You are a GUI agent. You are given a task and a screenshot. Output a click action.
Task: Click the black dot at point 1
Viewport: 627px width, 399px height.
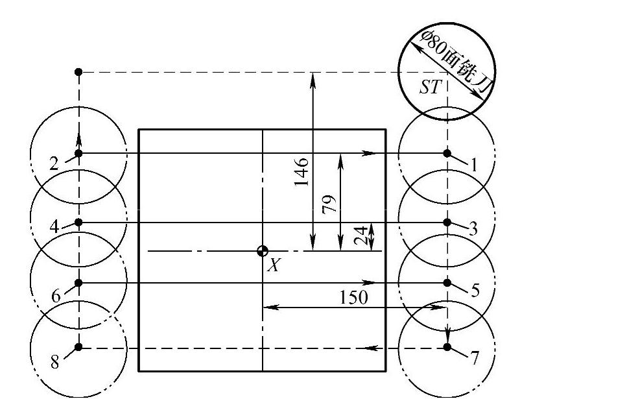[447, 153]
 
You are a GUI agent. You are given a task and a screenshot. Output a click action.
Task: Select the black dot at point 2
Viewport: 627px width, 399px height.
[78, 153]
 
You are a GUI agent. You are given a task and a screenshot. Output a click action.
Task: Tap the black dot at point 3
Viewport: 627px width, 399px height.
[447, 222]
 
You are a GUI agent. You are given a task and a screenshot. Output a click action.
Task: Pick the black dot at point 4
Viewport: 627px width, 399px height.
[78, 222]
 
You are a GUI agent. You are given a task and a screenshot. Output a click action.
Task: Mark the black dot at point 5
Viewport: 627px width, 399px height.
[447, 282]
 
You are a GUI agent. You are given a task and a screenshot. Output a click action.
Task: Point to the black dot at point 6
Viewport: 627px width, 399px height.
[78, 282]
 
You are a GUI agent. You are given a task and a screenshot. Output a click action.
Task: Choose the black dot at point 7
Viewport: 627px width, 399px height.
[447, 347]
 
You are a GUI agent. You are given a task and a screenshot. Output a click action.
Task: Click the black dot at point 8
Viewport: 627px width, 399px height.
[78, 346]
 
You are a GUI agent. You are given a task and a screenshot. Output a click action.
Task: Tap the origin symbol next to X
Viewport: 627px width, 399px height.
[263, 251]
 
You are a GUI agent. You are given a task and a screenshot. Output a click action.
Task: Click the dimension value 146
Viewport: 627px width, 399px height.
[302, 172]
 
